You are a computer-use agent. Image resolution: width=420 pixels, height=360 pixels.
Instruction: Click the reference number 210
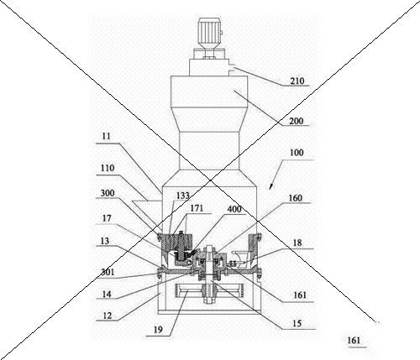(x=297, y=81)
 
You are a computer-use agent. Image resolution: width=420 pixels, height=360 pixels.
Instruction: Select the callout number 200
(x=297, y=121)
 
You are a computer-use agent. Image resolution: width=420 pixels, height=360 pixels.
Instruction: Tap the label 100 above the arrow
(x=297, y=153)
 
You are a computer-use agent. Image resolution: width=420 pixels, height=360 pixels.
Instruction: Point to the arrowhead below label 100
(x=270, y=186)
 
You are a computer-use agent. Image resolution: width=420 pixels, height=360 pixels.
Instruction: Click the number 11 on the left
(x=107, y=136)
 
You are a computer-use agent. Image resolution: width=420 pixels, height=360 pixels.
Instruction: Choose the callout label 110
(x=108, y=168)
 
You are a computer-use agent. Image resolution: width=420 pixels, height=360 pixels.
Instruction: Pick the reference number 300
(x=108, y=193)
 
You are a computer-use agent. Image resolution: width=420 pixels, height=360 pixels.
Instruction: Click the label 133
(x=183, y=196)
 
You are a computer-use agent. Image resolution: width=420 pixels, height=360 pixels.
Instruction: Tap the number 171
(x=197, y=208)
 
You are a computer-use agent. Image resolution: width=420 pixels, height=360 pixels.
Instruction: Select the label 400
(x=234, y=209)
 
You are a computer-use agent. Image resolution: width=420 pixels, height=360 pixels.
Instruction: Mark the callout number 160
(x=296, y=198)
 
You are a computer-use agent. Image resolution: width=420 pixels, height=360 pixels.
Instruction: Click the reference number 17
(x=107, y=218)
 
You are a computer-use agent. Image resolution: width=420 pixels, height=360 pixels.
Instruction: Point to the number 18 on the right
(x=297, y=243)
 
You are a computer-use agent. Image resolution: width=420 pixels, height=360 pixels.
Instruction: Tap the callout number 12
(x=108, y=316)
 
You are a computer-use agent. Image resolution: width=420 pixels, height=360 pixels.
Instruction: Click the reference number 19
(x=158, y=330)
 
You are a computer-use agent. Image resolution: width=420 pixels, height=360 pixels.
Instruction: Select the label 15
(x=297, y=323)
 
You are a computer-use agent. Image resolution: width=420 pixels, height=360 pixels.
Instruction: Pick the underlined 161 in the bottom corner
(x=354, y=341)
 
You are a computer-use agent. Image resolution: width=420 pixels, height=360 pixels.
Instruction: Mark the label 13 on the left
(x=105, y=241)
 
